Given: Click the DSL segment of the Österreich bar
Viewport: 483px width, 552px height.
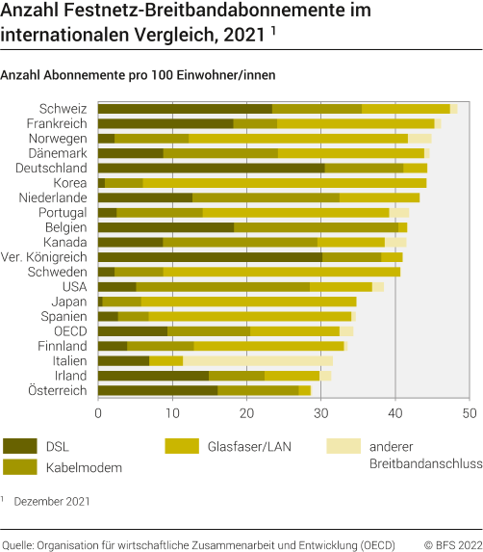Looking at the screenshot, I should point(158,390).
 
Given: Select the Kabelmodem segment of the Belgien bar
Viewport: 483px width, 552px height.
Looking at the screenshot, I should point(317,227).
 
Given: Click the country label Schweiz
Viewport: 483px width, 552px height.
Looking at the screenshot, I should point(64,109).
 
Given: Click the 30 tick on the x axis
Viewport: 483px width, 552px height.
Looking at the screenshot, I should point(320,412).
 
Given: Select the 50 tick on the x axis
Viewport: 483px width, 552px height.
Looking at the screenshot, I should point(469,412).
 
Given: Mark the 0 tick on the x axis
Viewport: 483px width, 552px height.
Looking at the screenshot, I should point(98,412).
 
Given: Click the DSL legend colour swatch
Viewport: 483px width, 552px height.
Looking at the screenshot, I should point(20,446).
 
